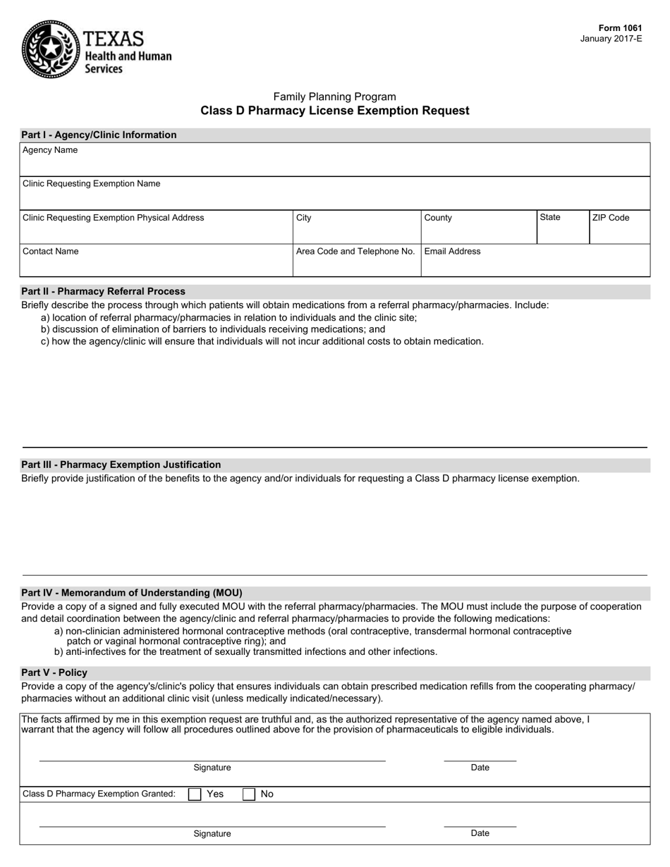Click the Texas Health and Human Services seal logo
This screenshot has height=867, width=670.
(49, 49)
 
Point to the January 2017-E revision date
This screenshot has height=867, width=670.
(611, 39)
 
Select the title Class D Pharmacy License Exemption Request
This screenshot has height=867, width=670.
(334, 111)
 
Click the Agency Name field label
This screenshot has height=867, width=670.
(50, 150)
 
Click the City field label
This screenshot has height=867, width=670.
(304, 218)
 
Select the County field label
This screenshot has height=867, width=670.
(438, 218)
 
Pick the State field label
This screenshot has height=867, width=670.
(550, 218)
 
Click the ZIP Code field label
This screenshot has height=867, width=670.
(610, 218)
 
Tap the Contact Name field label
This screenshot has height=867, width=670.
(51, 252)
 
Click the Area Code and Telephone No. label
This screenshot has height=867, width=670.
(355, 252)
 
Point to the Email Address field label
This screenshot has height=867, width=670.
(452, 252)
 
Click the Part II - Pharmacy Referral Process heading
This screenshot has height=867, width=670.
(103, 291)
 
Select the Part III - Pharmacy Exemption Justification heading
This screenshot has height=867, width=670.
(121, 465)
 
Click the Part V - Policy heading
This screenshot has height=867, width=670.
(54, 672)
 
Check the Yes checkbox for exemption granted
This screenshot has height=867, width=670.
(195, 794)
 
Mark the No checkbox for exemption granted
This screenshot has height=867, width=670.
(249, 794)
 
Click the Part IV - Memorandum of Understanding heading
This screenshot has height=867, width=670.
(131, 593)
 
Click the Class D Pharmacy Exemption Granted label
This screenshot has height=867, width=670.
(99, 794)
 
